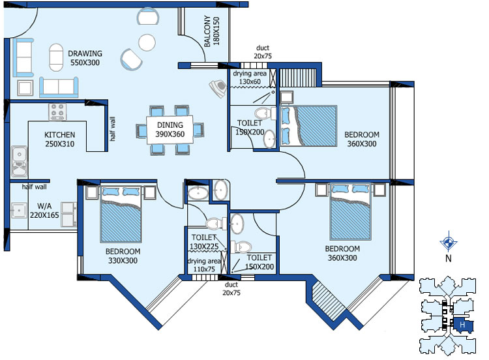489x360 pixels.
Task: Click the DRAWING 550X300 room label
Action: tap(85, 58)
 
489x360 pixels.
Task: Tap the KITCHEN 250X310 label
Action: tap(59, 139)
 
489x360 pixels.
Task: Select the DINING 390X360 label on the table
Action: tap(170, 130)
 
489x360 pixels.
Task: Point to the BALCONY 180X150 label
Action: tap(212, 31)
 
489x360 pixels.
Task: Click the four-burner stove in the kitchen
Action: tap(57, 112)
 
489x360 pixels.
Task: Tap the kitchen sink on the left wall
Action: tap(20, 162)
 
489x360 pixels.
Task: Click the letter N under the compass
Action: tap(448, 258)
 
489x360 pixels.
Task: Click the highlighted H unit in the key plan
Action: tap(463, 325)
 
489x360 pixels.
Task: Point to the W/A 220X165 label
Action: tap(44, 210)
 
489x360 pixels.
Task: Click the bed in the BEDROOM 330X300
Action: tap(121, 215)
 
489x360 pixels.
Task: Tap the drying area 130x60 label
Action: tap(250, 78)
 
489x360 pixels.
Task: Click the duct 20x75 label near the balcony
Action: tap(263, 52)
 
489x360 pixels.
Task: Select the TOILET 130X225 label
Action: tap(204, 242)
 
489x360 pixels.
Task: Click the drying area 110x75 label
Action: tap(204, 265)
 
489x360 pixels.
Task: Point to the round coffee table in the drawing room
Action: tap(147, 42)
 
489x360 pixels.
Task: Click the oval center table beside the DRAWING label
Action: tap(56, 57)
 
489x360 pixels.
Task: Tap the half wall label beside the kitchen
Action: tap(113, 129)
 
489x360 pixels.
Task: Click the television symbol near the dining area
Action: tap(218, 88)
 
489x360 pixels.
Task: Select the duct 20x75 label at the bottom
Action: tap(231, 288)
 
